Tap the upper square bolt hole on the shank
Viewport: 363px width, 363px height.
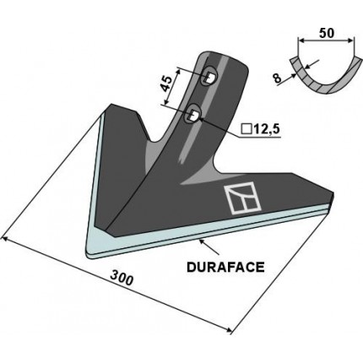pyautogui.click(x=207, y=79)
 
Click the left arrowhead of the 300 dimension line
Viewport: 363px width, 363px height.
pyautogui.click(x=7, y=240)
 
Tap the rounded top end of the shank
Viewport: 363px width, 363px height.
pyautogui.click(x=221, y=57)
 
